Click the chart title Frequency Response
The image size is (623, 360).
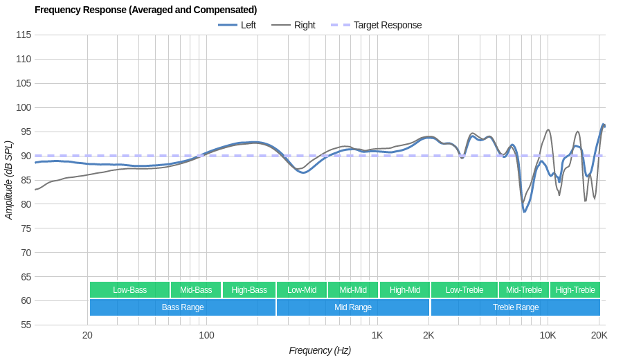click(145, 10)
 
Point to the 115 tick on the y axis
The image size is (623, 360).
click(24, 35)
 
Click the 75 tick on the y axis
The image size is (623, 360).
click(24, 228)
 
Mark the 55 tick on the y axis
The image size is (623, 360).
click(24, 325)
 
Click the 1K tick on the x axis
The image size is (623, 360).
click(377, 336)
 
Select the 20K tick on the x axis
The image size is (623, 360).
click(599, 336)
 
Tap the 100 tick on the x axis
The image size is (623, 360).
click(206, 336)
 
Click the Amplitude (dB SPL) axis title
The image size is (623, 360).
click(9, 180)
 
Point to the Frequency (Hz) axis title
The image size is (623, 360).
click(320, 350)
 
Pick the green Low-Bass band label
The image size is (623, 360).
click(129, 290)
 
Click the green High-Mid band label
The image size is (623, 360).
click(404, 290)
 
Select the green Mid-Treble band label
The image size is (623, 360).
click(524, 290)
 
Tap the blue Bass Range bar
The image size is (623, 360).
click(183, 307)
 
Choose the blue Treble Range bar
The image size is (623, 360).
click(515, 307)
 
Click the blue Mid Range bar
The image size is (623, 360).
click(353, 307)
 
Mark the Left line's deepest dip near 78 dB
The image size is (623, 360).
click(525, 211)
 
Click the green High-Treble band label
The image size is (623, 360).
click(575, 290)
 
